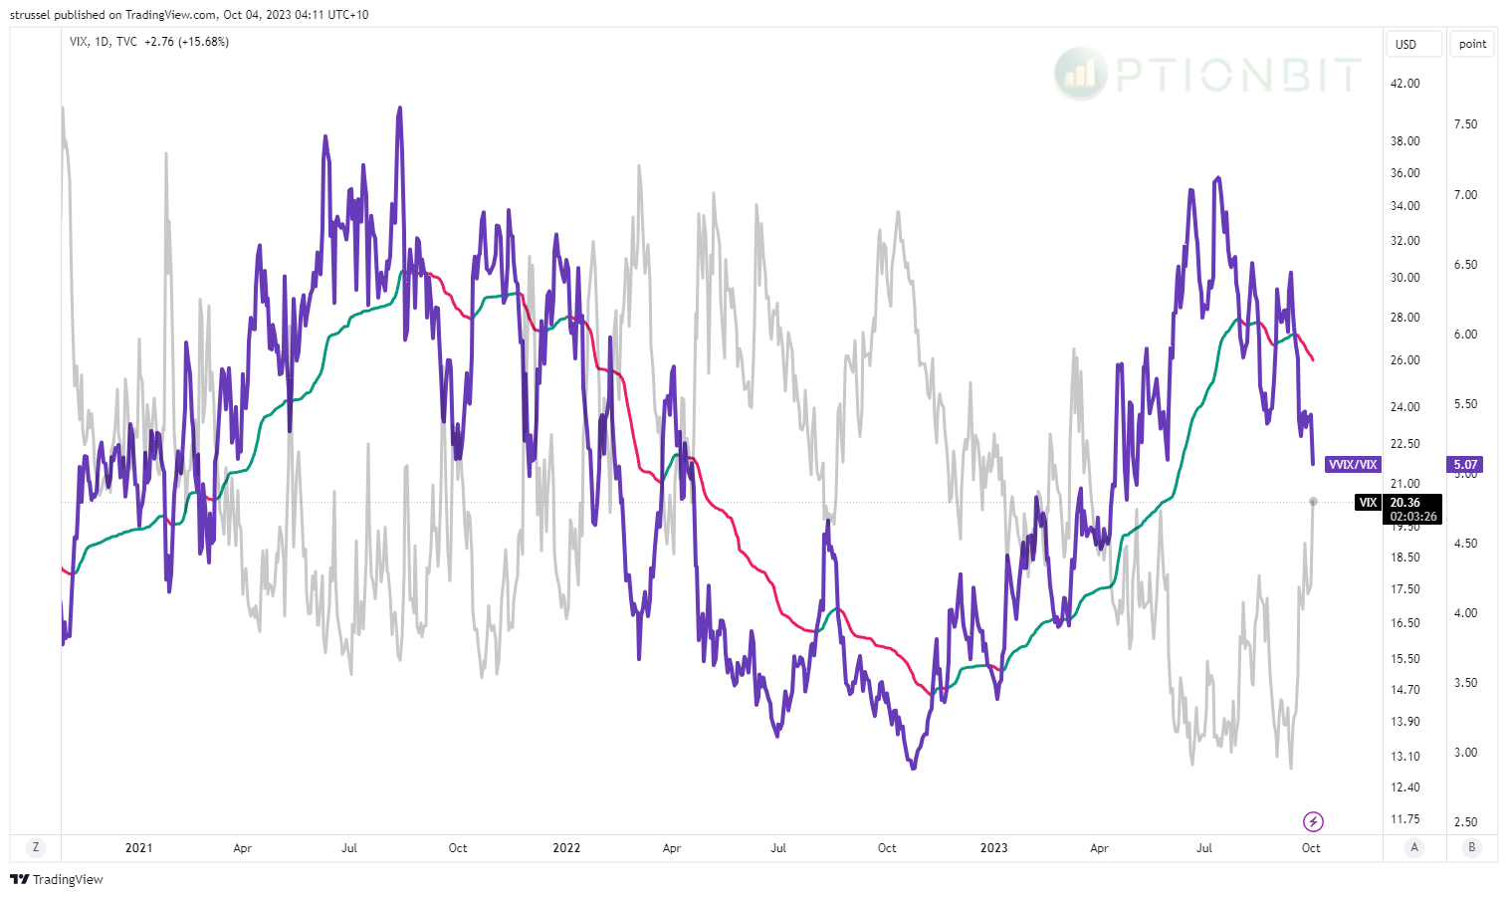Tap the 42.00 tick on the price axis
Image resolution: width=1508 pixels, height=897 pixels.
[1404, 84]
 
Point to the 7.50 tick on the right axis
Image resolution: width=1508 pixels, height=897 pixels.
[1465, 124]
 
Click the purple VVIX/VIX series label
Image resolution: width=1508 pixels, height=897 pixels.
[1353, 465]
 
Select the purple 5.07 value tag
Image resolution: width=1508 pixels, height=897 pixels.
[1465, 465]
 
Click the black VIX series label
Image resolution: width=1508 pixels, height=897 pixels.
[1368, 503]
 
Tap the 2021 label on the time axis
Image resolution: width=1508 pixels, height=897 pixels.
[138, 848]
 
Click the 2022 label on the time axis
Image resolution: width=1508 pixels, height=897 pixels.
[565, 848]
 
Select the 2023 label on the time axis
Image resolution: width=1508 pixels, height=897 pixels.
[993, 848]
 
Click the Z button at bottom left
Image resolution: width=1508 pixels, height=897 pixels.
[36, 847]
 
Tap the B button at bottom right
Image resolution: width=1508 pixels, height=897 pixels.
[1471, 847]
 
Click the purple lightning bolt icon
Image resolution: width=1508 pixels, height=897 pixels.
[1313, 821]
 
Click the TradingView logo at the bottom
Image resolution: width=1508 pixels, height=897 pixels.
[57, 879]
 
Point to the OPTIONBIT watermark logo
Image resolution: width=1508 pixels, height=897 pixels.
[1207, 74]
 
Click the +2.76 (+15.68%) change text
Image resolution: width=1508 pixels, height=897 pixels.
[186, 42]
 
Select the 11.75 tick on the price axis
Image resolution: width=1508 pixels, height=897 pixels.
[1404, 819]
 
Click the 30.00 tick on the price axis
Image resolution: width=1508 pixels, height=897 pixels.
[1404, 278]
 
